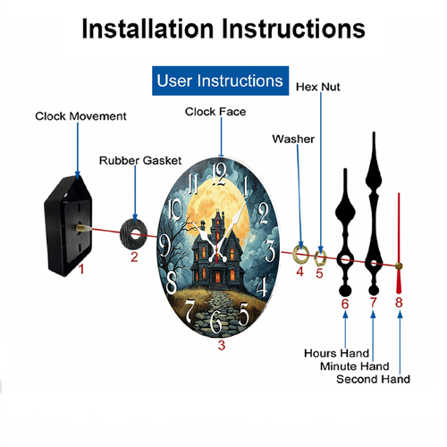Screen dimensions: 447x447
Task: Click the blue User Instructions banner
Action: point(220,80)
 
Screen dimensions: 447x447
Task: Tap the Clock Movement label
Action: point(80,116)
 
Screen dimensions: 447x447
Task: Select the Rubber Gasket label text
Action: point(140,161)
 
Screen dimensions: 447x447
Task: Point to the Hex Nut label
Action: point(318,87)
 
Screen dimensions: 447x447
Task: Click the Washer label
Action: point(293,139)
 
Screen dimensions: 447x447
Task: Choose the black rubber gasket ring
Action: point(134,233)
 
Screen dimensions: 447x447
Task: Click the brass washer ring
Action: point(301,254)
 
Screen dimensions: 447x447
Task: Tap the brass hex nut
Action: point(320,257)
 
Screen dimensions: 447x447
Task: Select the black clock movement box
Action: point(68,226)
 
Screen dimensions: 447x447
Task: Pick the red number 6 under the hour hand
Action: point(345,304)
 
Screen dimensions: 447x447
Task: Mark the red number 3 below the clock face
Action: point(222,345)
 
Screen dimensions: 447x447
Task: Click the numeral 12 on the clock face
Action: point(220,174)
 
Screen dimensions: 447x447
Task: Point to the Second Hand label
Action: point(373,379)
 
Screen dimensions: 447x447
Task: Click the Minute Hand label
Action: point(355,367)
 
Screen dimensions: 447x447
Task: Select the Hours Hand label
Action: point(336,353)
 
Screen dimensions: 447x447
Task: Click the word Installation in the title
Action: point(148,29)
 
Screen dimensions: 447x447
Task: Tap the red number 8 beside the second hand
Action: point(399,302)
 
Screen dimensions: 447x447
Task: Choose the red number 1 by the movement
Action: point(81,269)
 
